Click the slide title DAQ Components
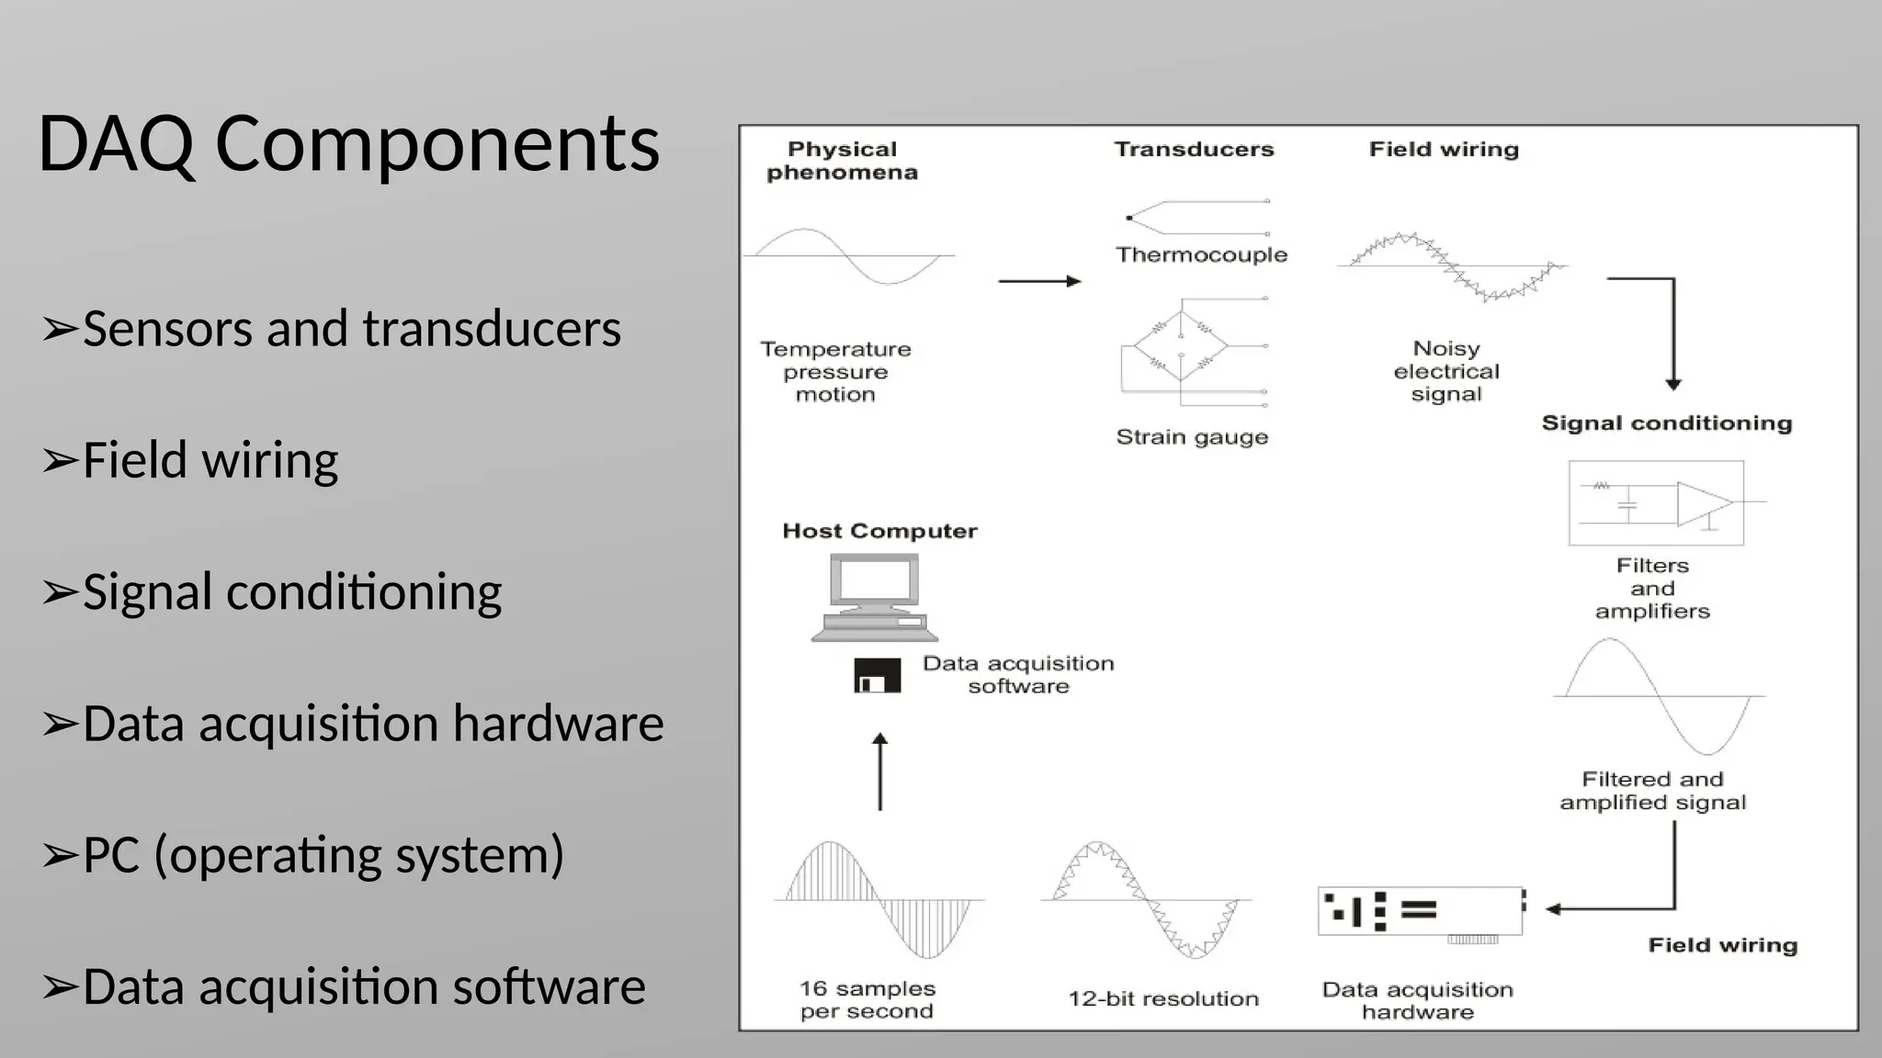pos(348,144)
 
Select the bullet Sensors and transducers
pos(351,329)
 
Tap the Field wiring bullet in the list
pos(210,460)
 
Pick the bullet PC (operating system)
pos(323,855)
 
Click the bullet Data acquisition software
pos(364,986)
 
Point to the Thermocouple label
pos(1201,254)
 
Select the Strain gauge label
pos(1192,437)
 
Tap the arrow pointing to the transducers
pos(1039,281)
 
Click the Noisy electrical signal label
pos(1446,371)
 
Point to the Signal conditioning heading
pos(1666,423)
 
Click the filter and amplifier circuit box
pos(1656,503)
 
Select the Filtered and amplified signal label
pos(1652,791)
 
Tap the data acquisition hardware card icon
pos(1421,912)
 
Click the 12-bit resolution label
pos(1163,999)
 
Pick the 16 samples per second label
pos(867,1000)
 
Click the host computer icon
pos(874,597)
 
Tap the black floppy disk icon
pos(878,676)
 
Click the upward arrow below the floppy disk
pos(880,771)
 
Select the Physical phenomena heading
pos(842,161)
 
